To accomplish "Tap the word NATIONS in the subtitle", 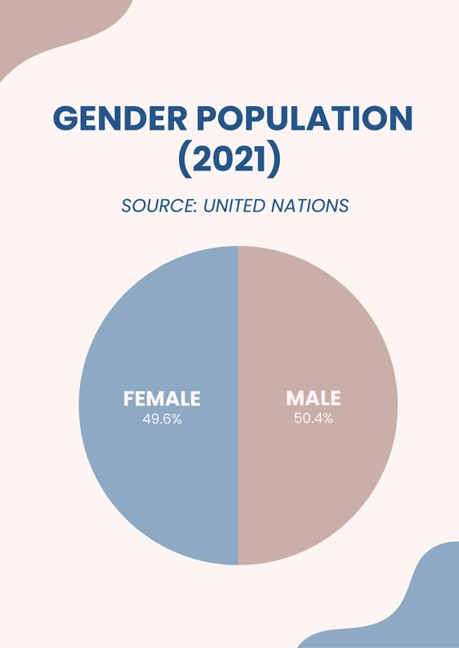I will click(309, 206).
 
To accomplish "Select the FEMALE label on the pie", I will click(162, 398).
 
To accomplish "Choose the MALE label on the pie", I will click(314, 398).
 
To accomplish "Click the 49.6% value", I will click(162, 418).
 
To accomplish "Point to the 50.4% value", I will click(314, 418).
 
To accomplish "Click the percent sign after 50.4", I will click(328, 418).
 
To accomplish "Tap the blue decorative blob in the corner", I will click(409, 609).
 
